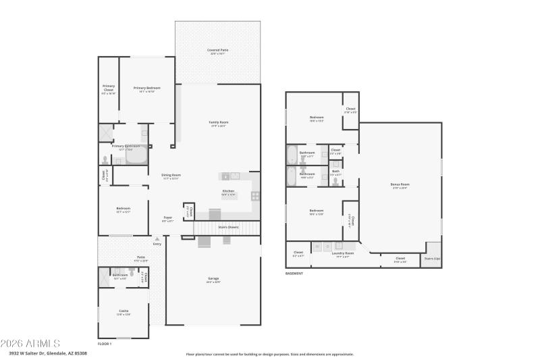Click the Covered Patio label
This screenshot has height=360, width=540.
(x=217, y=50)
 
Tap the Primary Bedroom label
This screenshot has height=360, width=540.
(x=146, y=88)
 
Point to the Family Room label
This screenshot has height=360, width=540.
(x=218, y=122)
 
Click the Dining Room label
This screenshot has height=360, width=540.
(x=170, y=176)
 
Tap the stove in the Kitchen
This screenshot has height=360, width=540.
(x=256, y=196)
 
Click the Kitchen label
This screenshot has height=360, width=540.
(x=229, y=191)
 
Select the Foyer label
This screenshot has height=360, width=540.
(x=167, y=217)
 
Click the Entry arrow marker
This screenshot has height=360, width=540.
(x=157, y=238)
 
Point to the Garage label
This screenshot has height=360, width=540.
(x=213, y=279)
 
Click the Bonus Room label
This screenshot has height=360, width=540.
(x=400, y=184)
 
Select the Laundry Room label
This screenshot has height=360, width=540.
(x=342, y=253)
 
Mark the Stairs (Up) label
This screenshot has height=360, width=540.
(x=431, y=258)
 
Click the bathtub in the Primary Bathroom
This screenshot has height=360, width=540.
(x=136, y=156)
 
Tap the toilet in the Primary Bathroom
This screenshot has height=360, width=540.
(x=105, y=159)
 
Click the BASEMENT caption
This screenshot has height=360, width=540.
(x=294, y=274)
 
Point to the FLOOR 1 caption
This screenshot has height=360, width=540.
(x=105, y=344)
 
